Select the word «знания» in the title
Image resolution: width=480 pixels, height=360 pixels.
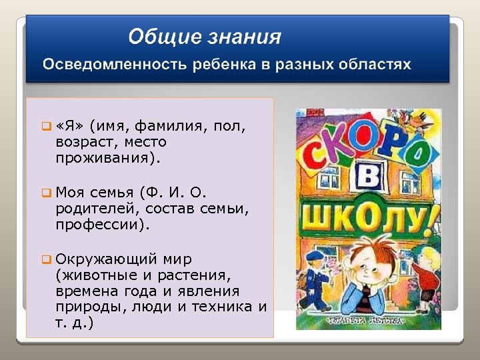coord(247,37)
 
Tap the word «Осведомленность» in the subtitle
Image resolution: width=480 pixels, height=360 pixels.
coord(116,65)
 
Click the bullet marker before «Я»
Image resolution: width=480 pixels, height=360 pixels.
coord(46,126)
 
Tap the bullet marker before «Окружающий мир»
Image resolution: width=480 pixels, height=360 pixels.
coord(46,258)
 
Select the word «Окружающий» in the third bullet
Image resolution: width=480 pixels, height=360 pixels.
coord(107,258)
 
